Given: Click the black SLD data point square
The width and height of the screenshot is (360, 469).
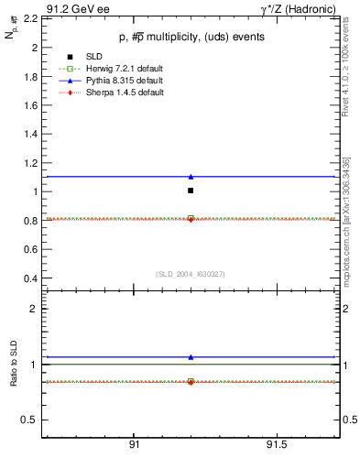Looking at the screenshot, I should click(191, 191).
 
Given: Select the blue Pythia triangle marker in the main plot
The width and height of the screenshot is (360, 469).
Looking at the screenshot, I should click(191, 176).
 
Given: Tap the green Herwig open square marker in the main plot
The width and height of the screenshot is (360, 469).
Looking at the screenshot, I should click(191, 218).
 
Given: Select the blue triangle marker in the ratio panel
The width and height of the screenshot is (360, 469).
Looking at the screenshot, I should click(191, 357).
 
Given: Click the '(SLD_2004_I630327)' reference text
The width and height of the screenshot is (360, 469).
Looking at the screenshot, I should click(191, 273).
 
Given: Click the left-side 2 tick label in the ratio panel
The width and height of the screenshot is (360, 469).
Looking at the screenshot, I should click(33, 309).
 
